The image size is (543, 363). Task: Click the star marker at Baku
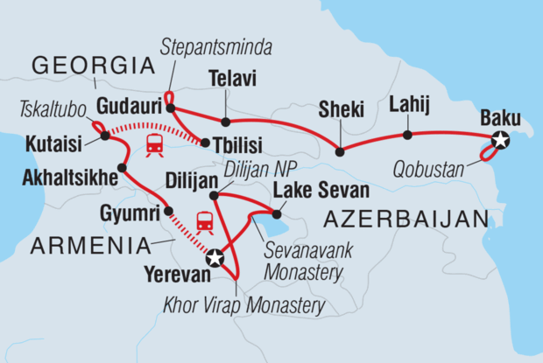pos(500,139)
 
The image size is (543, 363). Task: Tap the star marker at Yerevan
pos(215,259)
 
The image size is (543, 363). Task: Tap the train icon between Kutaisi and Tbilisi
pos(154,145)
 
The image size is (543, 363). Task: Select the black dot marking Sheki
pos(340,151)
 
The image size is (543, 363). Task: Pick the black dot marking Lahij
pos(407,135)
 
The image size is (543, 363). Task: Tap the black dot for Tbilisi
pos(204,142)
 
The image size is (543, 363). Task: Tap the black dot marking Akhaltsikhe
pos(122,167)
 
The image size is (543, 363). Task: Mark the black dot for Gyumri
pos(169,210)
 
